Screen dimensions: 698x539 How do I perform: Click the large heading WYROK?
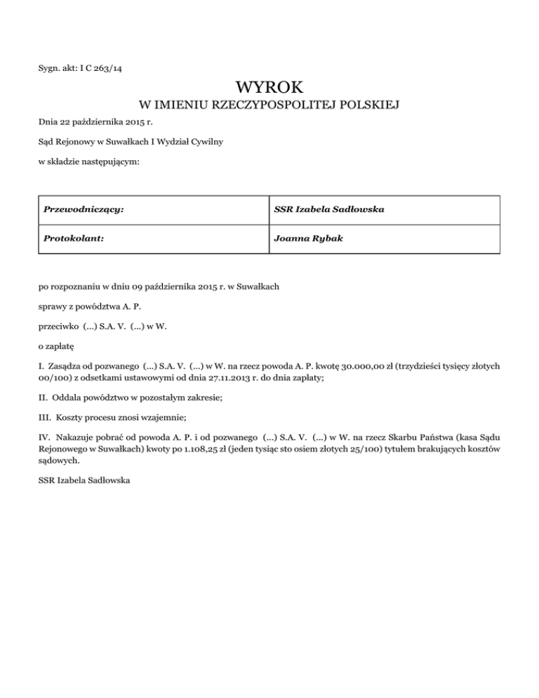(269, 88)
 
